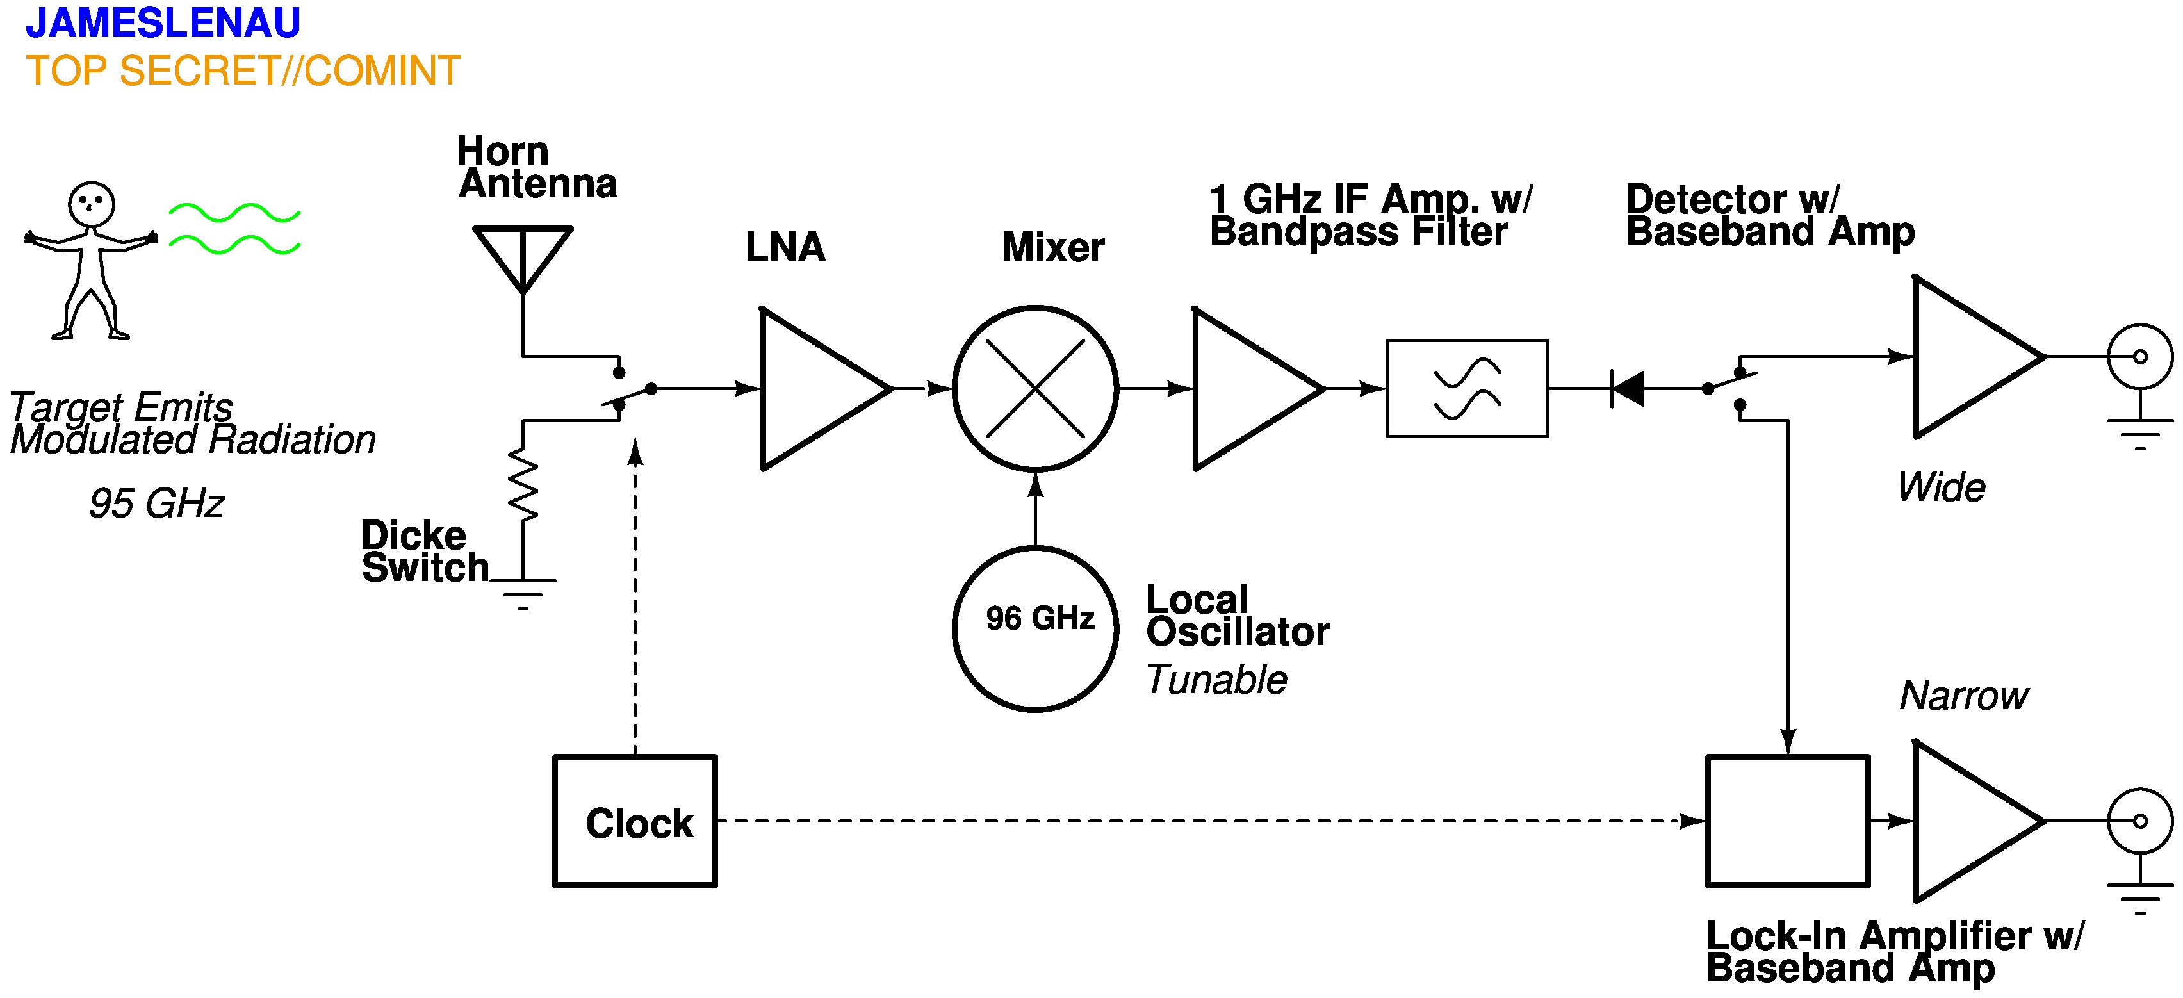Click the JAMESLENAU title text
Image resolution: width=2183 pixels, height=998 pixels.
tap(163, 23)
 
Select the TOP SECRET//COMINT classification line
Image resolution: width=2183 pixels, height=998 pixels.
tap(243, 71)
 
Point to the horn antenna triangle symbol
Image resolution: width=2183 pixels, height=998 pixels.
tap(523, 252)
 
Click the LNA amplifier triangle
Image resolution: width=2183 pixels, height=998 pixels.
tap(814, 389)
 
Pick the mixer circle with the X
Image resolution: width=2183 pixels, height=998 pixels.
tap(1034, 389)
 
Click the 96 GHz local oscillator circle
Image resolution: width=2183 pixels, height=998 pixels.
tap(1034, 628)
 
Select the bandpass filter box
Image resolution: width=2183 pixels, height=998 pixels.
tap(1467, 389)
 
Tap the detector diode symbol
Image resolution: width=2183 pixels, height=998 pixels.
tap(1627, 389)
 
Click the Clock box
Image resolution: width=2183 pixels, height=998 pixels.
tap(635, 821)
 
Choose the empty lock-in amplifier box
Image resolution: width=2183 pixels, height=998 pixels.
tap(1787, 821)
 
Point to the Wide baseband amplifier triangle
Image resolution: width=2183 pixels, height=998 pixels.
tap(1966, 357)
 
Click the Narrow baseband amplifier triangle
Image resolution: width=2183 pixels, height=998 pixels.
tap(1966, 821)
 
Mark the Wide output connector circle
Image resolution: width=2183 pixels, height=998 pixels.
tap(2140, 357)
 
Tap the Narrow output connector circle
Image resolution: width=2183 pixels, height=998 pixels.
tap(2140, 821)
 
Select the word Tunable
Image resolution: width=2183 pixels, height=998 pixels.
tap(1216, 680)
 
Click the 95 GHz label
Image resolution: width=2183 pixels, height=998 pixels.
tap(157, 504)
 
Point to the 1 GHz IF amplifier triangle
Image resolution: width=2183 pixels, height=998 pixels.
tap(1246, 389)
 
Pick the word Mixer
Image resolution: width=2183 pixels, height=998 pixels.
tap(1052, 247)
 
